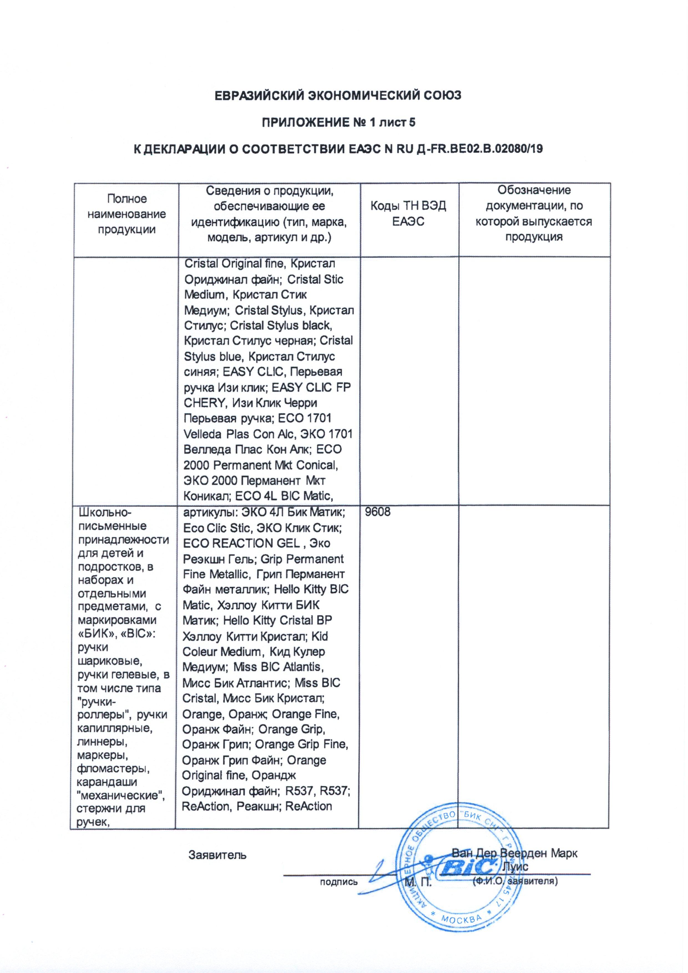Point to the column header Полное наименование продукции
[x=126, y=214]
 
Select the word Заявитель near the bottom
[x=217, y=854]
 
